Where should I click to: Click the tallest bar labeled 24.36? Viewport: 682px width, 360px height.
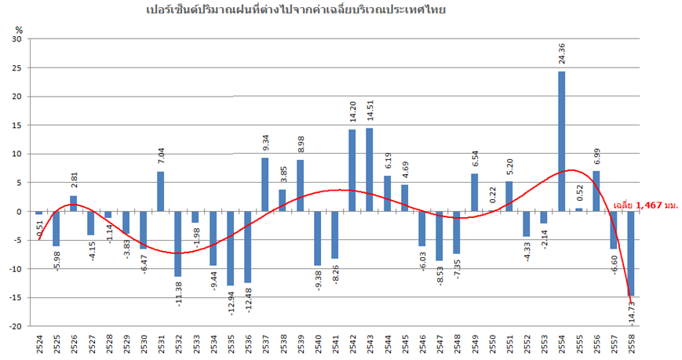(x=561, y=141)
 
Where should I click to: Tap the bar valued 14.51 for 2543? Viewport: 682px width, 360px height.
(x=370, y=169)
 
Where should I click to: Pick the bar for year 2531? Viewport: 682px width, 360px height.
(x=160, y=191)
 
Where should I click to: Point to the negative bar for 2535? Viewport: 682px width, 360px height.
(x=230, y=248)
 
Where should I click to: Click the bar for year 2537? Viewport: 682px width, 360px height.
(x=265, y=184)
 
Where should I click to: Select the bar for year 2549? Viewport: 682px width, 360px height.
(x=474, y=193)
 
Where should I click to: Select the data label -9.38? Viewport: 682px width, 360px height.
(x=318, y=282)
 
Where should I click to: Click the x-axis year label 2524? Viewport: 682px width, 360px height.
(x=39, y=344)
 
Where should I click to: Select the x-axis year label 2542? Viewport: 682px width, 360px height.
(x=352, y=344)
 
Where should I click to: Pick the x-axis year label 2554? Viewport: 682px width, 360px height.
(x=561, y=344)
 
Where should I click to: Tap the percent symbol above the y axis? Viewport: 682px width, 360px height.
(x=20, y=29)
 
